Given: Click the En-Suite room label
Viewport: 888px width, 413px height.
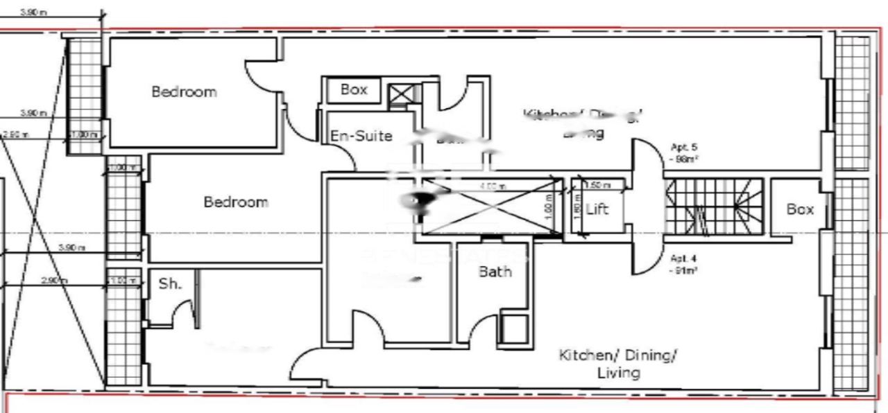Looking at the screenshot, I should click(x=361, y=136).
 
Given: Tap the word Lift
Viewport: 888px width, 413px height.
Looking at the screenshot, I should click(x=597, y=209).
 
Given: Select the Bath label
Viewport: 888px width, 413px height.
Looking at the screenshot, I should click(x=495, y=272).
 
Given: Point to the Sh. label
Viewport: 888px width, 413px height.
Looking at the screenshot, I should click(x=169, y=283).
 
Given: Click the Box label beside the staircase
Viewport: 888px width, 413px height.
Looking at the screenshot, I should click(x=800, y=209).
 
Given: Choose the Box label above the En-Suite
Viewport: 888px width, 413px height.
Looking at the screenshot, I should click(x=354, y=90).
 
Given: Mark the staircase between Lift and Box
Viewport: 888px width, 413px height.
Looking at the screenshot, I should click(x=714, y=206).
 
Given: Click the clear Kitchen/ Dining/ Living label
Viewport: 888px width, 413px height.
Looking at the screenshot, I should click(x=618, y=364).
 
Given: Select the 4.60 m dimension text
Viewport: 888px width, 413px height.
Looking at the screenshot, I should click(x=493, y=186).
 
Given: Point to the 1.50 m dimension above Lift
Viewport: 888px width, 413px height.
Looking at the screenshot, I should click(x=597, y=186).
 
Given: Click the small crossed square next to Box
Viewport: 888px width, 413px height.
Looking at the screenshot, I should click(x=400, y=94).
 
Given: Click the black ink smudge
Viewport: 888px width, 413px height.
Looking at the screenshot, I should click(x=418, y=201).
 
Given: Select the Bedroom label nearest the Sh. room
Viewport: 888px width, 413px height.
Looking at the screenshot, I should click(x=236, y=202).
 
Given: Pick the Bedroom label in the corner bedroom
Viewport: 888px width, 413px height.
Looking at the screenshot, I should click(x=184, y=91).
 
